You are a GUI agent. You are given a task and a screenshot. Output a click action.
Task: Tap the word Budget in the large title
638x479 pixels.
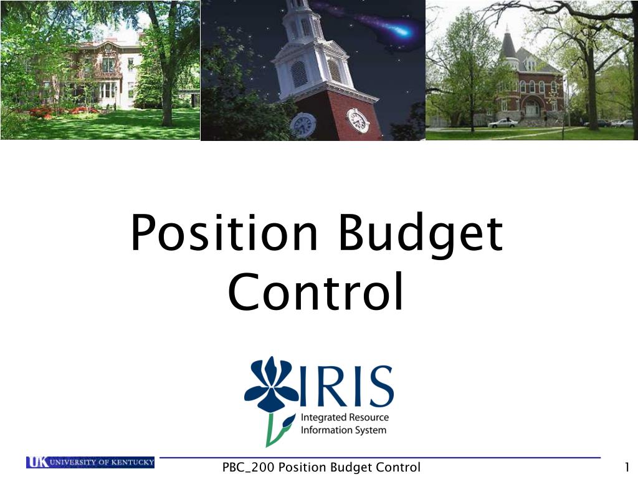pyautogui.click(x=421, y=235)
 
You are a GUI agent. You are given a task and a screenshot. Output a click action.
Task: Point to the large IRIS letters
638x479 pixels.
pyautogui.click(x=346, y=385)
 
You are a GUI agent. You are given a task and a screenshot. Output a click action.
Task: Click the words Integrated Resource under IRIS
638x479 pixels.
pyautogui.click(x=345, y=417)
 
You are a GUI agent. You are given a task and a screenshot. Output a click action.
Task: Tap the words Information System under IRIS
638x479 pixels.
pyautogui.click(x=343, y=430)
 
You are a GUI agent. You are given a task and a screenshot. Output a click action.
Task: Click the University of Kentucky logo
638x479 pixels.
pyautogui.click(x=90, y=462)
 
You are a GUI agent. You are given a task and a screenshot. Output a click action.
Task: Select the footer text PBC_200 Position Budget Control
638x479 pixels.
pyautogui.click(x=321, y=467)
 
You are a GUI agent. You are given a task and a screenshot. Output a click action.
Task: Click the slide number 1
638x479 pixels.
pyautogui.click(x=627, y=467)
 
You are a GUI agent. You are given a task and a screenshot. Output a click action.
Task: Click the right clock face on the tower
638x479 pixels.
pyautogui.click(x=358, y=120)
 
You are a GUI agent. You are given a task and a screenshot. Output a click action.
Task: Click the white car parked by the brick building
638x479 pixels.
pyautogui.click(x=503, y=123)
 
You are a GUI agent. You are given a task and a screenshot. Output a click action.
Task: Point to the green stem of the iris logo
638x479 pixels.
pyautogui.click(x=277, y=430)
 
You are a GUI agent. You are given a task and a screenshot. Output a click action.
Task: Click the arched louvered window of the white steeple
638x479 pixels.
pyautogui.click(x=299, y=74)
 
